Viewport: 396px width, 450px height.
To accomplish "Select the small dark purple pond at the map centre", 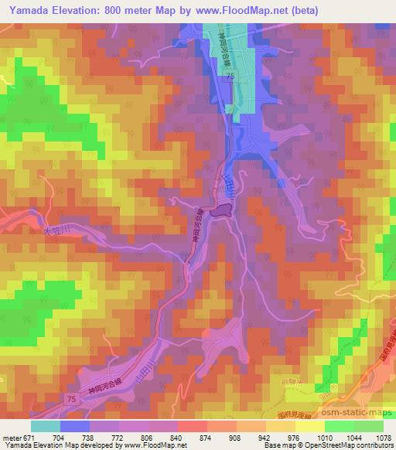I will pyautogui.click(x=224, y=210).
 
